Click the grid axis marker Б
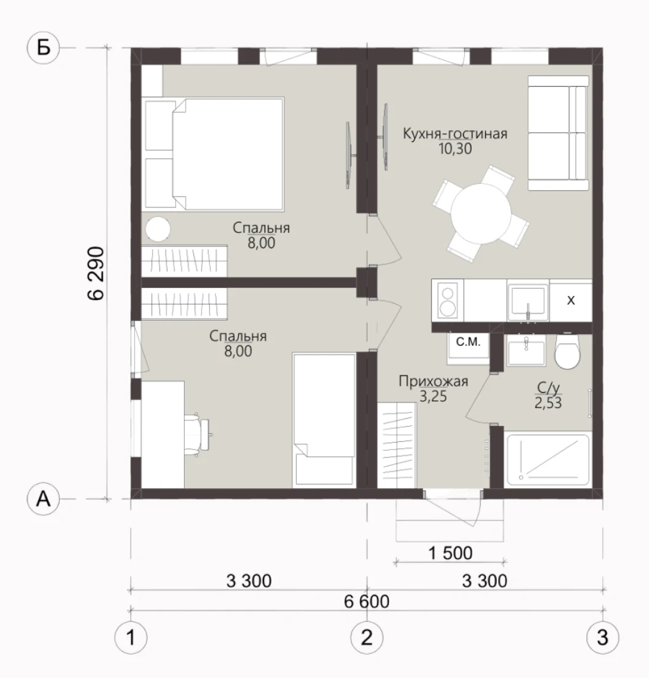(x=43, y=47)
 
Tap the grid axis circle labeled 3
(x=602, y=637)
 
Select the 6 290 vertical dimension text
(x=96, y=273)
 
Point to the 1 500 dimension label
(x=450, y=553)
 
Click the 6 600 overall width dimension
(x=366, y=602)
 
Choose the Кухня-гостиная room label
(x=455, y=134)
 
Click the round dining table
(x=481, y=214)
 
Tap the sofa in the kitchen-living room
(x=558, y=133)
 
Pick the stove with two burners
(x=448, y=301)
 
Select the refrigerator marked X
(x=571, y=301)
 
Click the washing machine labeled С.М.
(x=469, y=346)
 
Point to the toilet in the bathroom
(x=567, y=351)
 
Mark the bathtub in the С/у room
(x=548, y=460)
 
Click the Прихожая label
(x=433, y=382)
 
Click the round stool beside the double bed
(x=158, y=229)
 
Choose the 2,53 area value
(x=548, y=403)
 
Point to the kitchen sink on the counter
(x=528, y=301)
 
